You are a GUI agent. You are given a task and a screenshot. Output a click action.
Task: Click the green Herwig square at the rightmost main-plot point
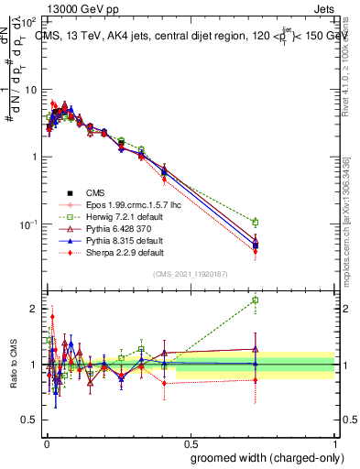[255, 222]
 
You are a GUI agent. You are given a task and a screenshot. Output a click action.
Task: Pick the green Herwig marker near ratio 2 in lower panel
[255, 300]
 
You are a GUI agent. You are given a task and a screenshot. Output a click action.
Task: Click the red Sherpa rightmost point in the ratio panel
[255, 379]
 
